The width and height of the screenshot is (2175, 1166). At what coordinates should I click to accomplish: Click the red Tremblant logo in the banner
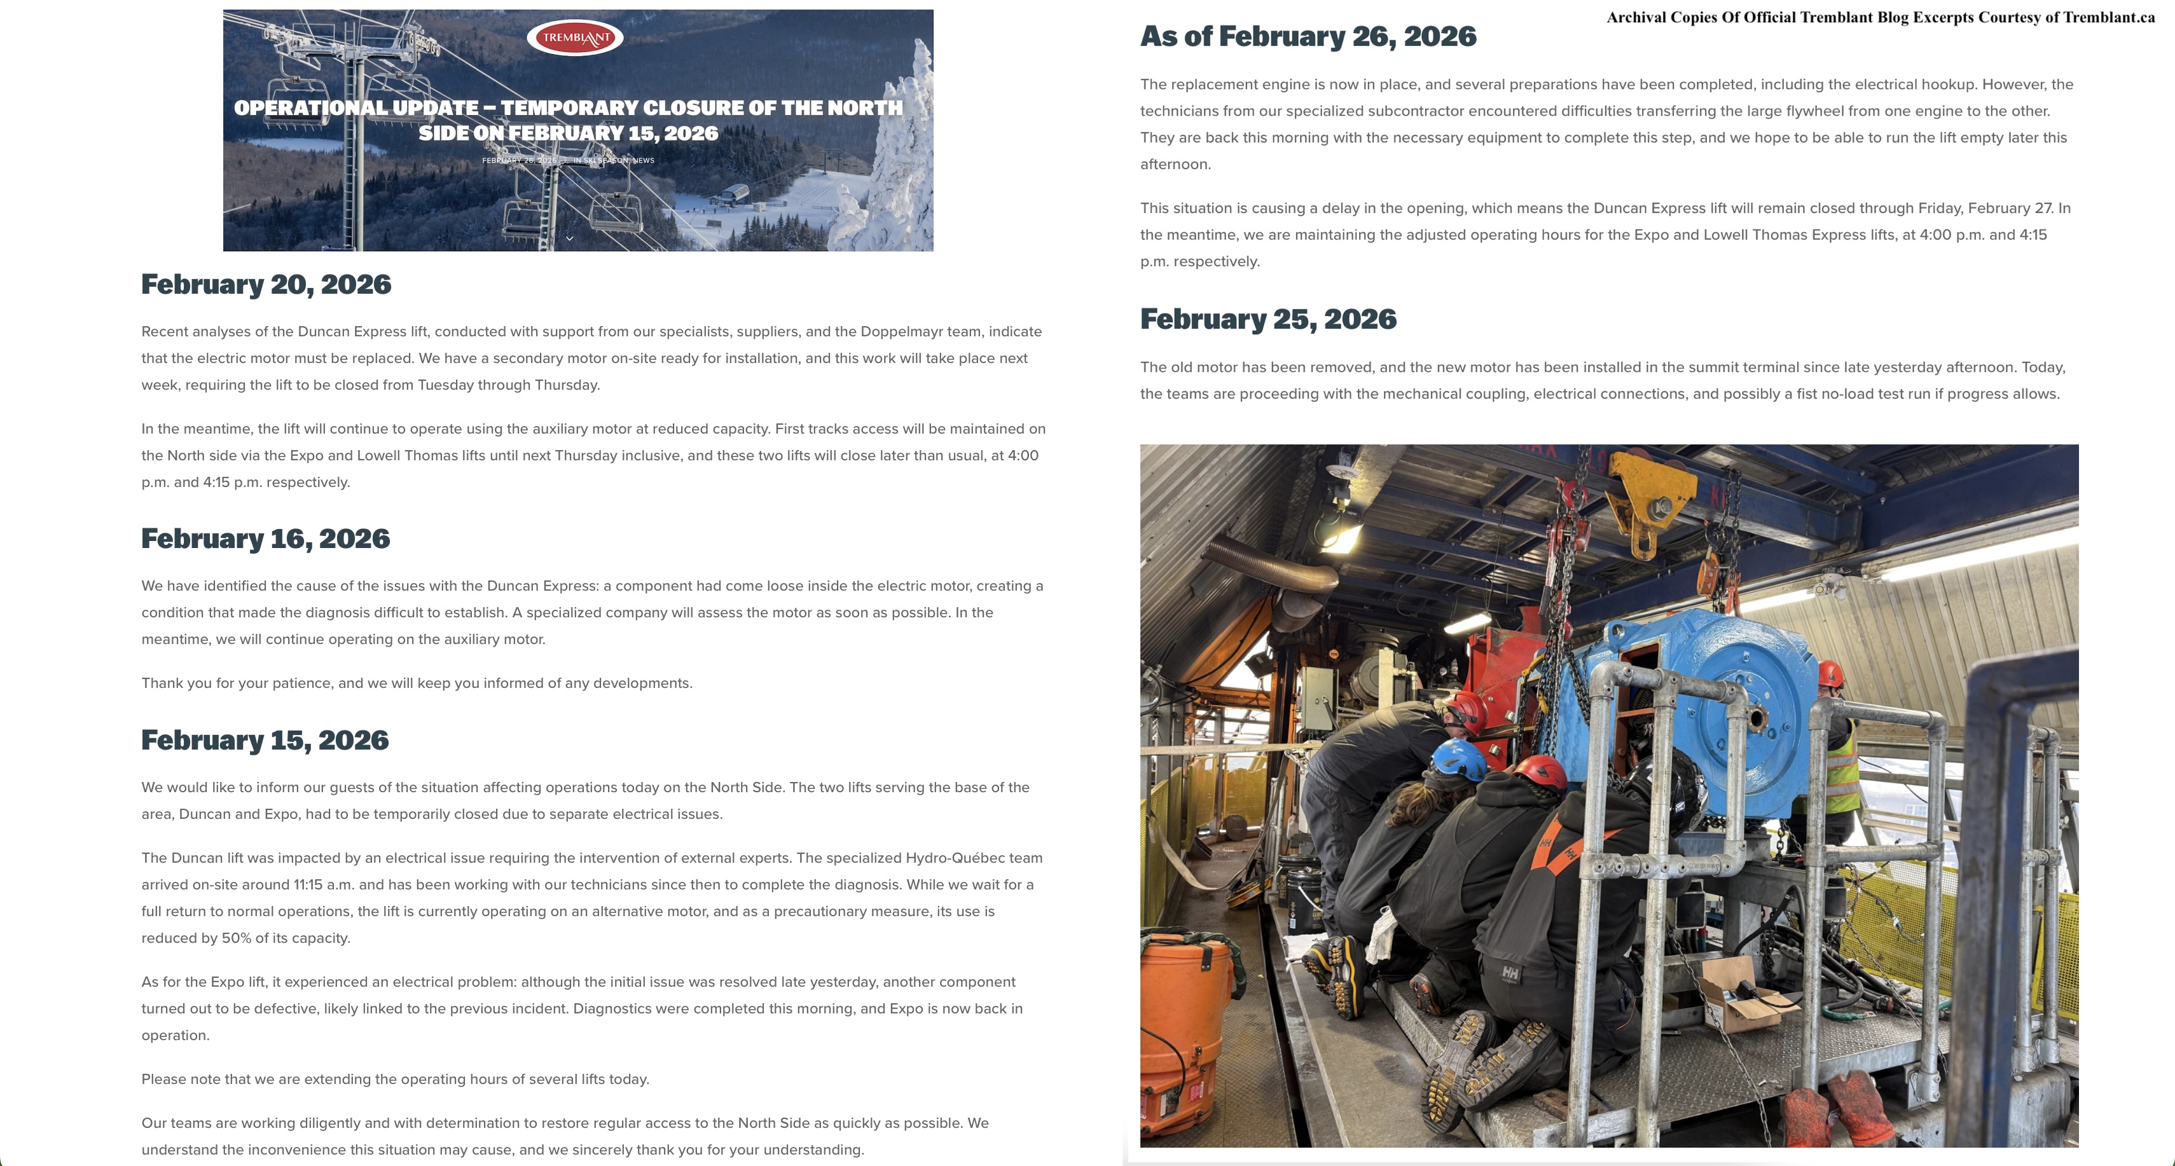pyautogui.click(x=574, y=37)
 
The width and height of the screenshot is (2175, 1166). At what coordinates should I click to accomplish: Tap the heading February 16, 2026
pyautogui.click(x=265, y=538)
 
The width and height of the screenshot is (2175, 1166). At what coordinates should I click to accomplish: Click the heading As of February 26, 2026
pyautogui.click(x=1308, y=36)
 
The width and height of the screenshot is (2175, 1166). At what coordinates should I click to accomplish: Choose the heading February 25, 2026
pyautogui.click(x=1267, y=319)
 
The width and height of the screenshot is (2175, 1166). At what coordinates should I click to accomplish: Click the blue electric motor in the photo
pyautogui.click(x=1714, y=710)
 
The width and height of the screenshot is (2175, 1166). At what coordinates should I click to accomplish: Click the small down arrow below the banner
pyautogui.click(x=570, y=238)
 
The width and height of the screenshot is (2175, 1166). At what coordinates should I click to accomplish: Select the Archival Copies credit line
pyautogui.click(x=1881, y=18)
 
